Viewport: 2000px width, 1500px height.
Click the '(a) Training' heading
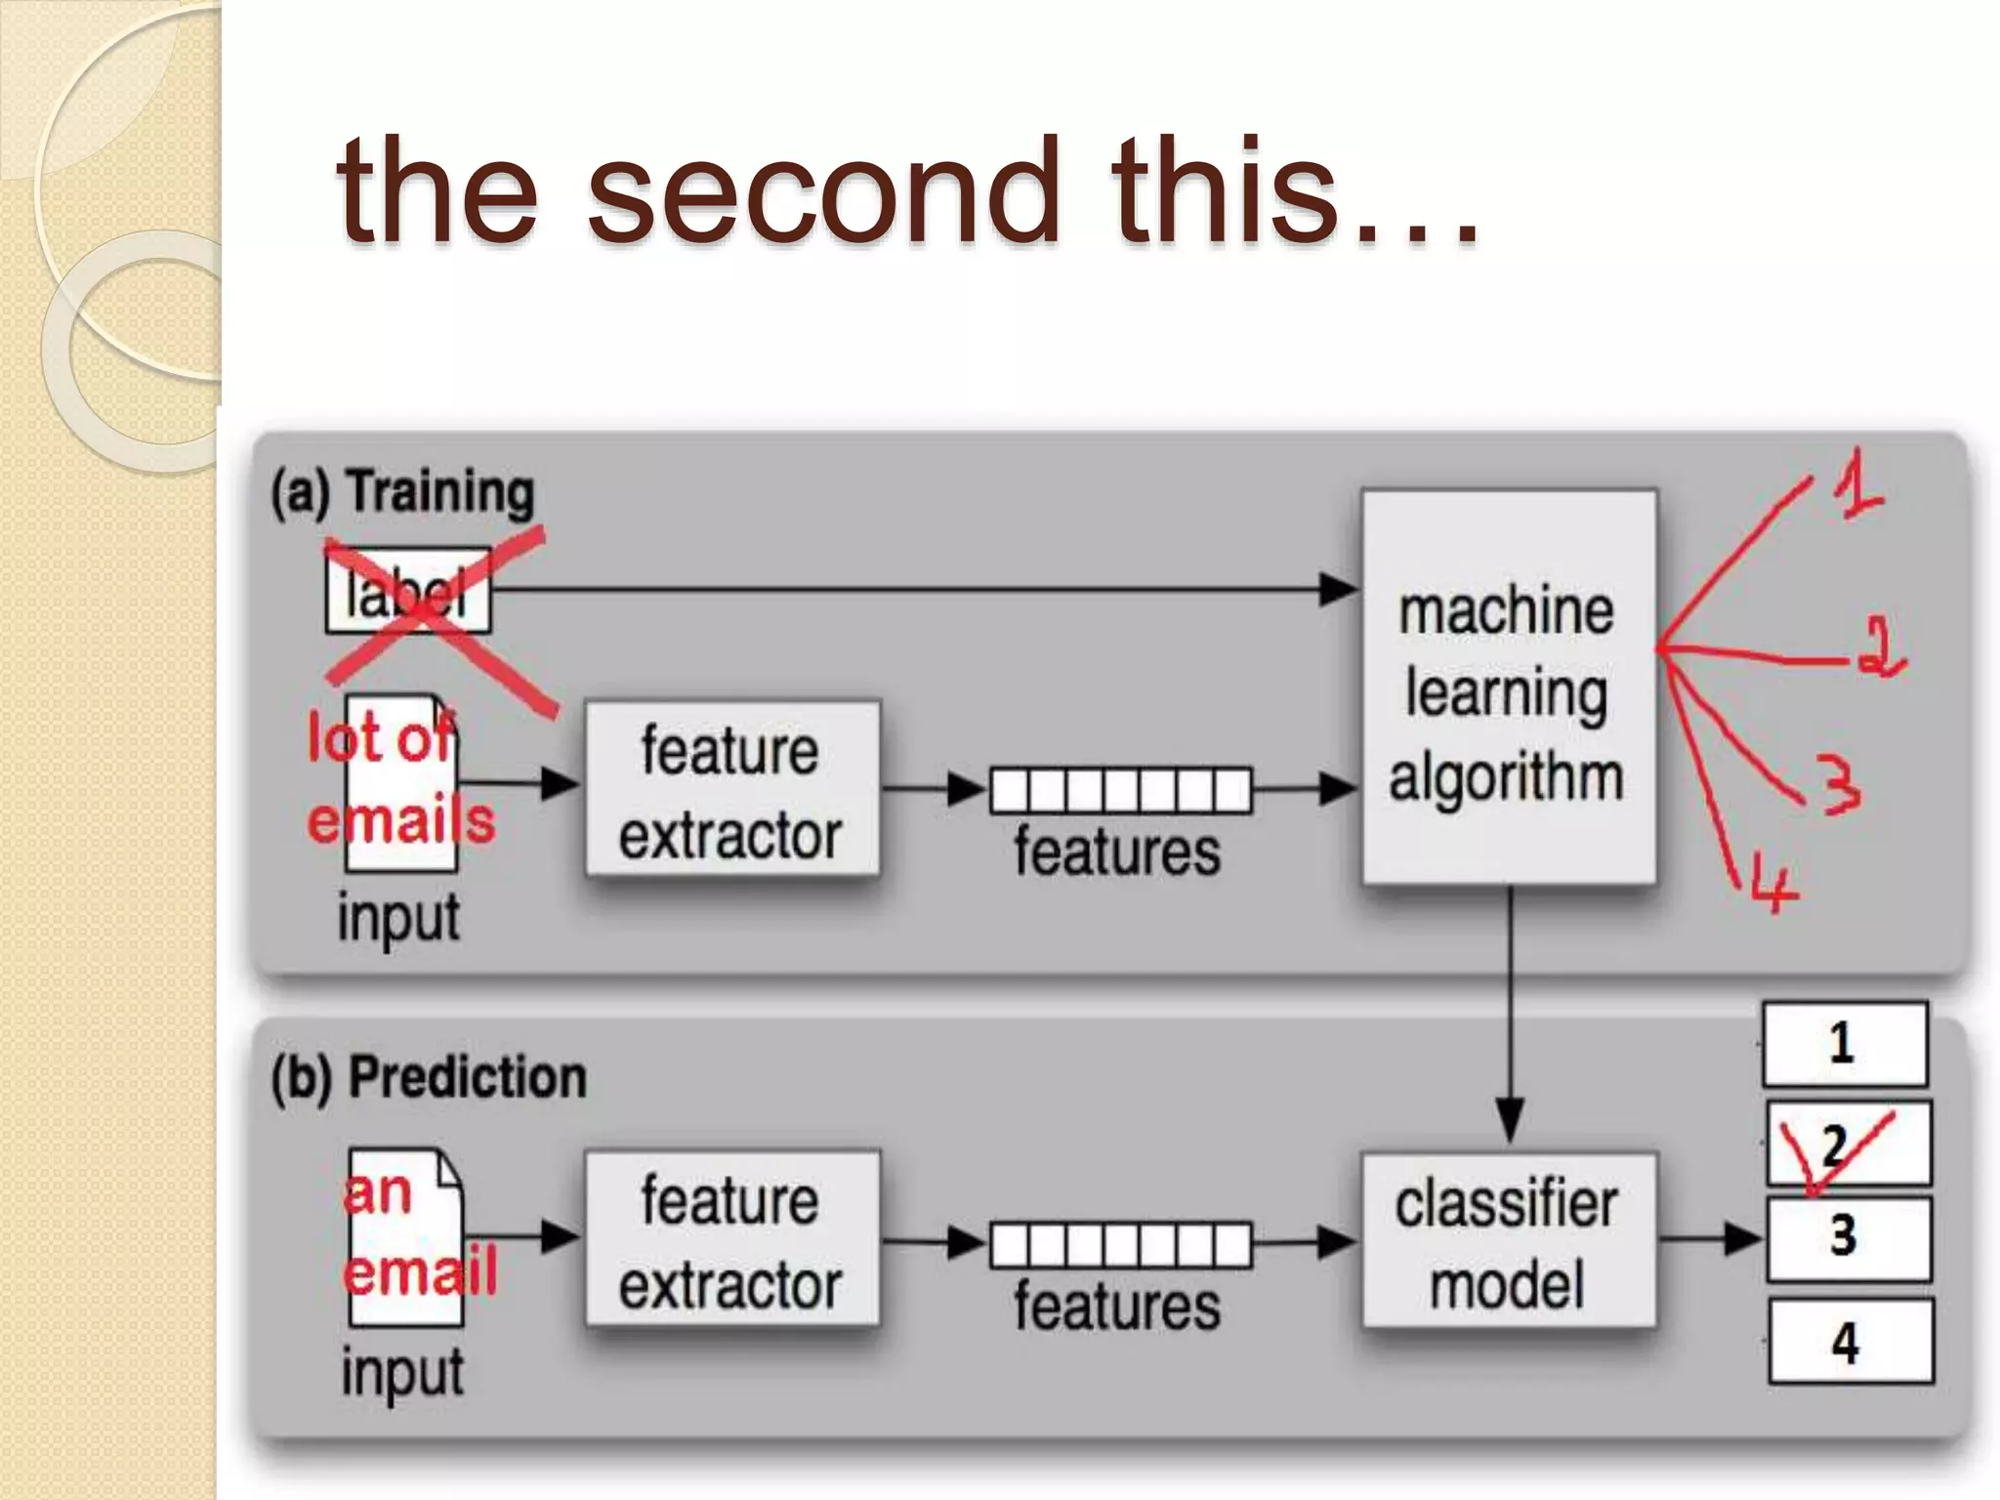(x=402, y=491)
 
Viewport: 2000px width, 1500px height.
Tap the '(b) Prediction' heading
(x=428, y=1078)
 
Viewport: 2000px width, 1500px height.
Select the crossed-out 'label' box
(x=408, y=591)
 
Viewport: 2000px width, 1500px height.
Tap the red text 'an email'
(x=418, y=1232)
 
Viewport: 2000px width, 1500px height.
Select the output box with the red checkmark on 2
(x=1848, y=1145)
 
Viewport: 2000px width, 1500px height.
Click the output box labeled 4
(x=1850, y=1342)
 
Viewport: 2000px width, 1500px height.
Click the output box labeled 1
(x=1844, y=1044)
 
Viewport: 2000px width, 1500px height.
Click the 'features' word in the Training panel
(x=1118, y=852)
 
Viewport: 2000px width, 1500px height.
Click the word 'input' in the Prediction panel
(x=402, y=1372)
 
